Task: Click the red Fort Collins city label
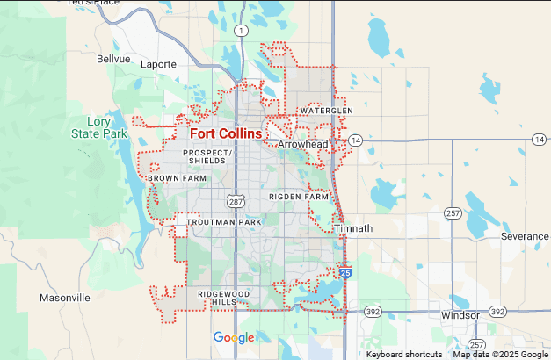(226, 133)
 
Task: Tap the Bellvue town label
(113, 59)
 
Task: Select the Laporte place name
(159, 64)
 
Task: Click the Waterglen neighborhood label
(326, 111)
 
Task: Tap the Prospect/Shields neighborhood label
(207, 156)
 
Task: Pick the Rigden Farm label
(299, 197)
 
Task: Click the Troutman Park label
(224, 223)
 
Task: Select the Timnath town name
(353, 228)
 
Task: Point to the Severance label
(524, 237)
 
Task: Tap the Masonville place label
(65, 298)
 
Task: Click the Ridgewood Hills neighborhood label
(223, 297)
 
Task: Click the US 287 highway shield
(235, 201)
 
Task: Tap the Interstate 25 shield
(346, 275)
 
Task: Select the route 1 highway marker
(240, 30)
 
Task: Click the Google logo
(234, 338)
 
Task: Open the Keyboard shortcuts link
(404, 354)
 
